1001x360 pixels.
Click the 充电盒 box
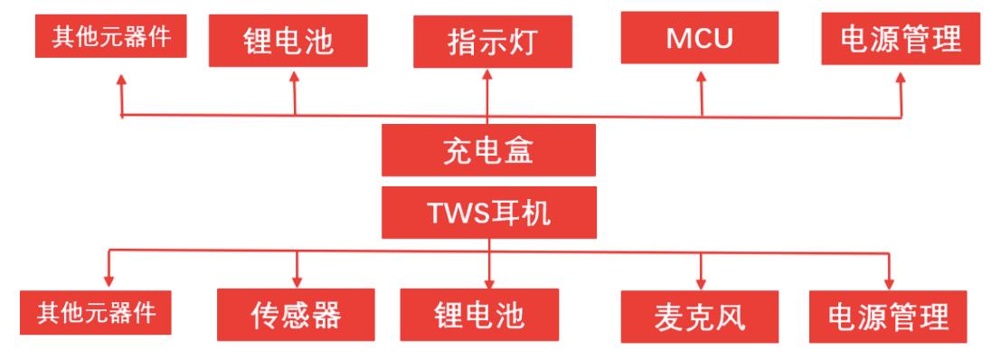(x=488, y=149)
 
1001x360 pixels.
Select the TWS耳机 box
(x=488, y=213)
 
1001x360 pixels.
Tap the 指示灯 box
(x=488, y=43)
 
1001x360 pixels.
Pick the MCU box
(x=701, y=39)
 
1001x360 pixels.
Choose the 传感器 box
(x=296, y=314)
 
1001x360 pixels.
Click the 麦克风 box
(x=698, y=317)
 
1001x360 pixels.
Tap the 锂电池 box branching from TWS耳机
(x=489, y=314)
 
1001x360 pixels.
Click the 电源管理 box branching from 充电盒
(x=899, y=41)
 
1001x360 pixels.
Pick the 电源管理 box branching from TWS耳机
(x=889, y=317)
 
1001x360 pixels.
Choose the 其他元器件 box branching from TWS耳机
(x=96, y=314)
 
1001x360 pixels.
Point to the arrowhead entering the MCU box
(x=702, y=78)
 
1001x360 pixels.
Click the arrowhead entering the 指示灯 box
(x=488, y=78)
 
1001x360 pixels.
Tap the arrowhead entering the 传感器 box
(x=297, y=280)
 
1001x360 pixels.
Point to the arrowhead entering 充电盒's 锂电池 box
(x=294, y=78)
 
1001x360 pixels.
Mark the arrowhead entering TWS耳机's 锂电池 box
(x=489, y=280)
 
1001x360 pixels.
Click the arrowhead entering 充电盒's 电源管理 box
(x=900, y=78)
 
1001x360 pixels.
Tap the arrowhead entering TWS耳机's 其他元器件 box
(x=109, y=280)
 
